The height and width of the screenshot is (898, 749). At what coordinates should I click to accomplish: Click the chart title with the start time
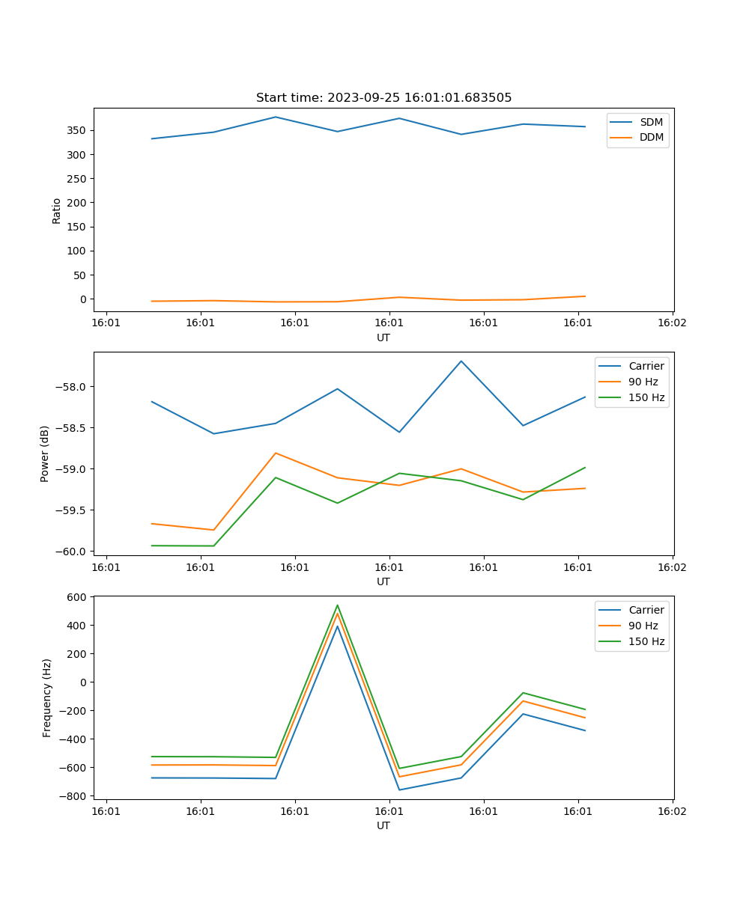[383, 98]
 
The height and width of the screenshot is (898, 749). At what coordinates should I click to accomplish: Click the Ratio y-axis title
[57, 210]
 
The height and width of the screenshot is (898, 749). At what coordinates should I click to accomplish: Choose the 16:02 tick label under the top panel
[672, 323]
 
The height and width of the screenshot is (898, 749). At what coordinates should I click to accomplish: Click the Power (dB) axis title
[45, 453]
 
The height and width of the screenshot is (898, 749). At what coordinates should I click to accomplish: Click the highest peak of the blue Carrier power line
[461, 361]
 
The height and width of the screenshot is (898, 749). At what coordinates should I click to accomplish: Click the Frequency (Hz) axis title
[47, 697]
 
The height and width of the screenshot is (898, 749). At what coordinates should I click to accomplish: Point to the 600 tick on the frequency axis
[79, 596]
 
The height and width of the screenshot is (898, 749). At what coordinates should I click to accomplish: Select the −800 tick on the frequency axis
[76, 796]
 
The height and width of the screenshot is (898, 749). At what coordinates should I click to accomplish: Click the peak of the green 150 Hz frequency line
[337, 605]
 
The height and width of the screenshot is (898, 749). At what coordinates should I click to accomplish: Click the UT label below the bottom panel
[383, 825]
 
